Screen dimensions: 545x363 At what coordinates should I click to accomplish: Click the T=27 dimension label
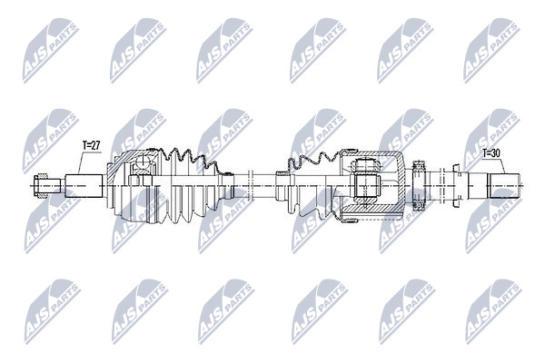click(92, 145)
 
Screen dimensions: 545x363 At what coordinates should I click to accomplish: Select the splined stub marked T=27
click(84, 186)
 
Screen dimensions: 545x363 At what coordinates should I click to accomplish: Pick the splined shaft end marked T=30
click(505, 185)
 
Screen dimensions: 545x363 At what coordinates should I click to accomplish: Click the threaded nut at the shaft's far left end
click(40, 186)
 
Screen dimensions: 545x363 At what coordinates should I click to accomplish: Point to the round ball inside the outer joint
click(143, 162)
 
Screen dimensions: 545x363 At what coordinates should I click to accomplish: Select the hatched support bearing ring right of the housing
click(419, 185)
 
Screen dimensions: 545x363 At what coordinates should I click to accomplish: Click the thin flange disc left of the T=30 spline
click(456, 186)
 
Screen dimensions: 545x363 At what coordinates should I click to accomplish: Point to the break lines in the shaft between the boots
click(251, 186)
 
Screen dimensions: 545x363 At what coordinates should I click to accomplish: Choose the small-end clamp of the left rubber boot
click(228, 186)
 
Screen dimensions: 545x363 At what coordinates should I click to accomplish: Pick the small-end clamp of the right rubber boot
click(281, 186)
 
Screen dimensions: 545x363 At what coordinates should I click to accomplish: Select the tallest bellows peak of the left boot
click(174, 152)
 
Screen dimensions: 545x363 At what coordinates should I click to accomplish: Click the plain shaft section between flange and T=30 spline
click(478, 186)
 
